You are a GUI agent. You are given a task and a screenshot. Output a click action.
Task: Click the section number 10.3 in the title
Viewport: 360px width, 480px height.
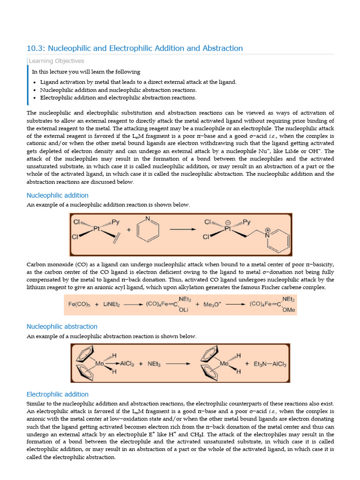tap(34, 48)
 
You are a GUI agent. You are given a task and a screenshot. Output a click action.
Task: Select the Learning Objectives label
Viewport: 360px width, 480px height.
tap(56, 61)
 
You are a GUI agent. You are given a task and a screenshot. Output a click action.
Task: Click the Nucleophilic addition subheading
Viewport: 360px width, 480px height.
tap(57, 195)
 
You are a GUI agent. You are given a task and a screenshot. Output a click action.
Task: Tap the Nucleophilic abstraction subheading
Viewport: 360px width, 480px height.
tap(62, 326)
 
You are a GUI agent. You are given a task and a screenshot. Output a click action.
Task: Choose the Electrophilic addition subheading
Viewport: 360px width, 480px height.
tap(57, 394)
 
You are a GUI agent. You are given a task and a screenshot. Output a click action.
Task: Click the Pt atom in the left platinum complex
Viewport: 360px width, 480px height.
tap(97, 229)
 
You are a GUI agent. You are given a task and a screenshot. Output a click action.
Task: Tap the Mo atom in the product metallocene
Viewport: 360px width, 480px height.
tap(225, 363)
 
